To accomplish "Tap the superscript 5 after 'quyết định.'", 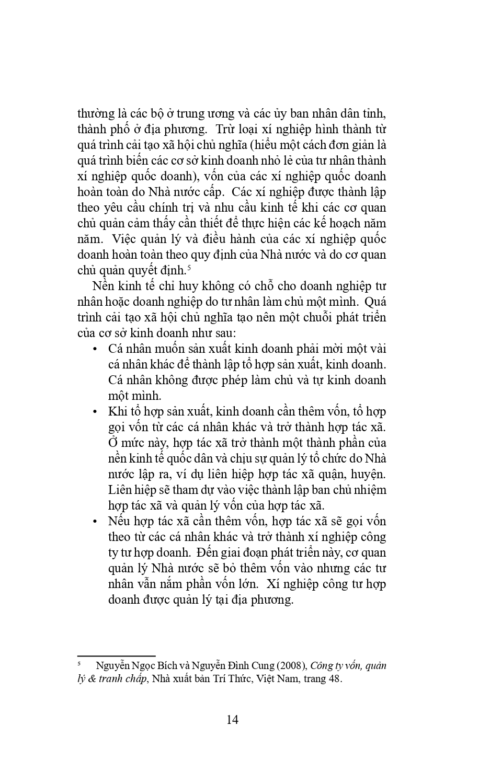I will [x=188, y=267].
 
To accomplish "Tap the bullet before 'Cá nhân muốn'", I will [x=95, y=349].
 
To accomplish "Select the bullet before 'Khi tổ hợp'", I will [x=95, y=412].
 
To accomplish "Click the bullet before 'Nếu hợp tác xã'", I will [x=95, y=522].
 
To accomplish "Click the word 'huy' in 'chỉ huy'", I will [x=188, y=286].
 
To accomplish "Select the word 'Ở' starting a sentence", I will [x=113, y=443].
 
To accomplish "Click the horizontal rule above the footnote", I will [x=116, y=655].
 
